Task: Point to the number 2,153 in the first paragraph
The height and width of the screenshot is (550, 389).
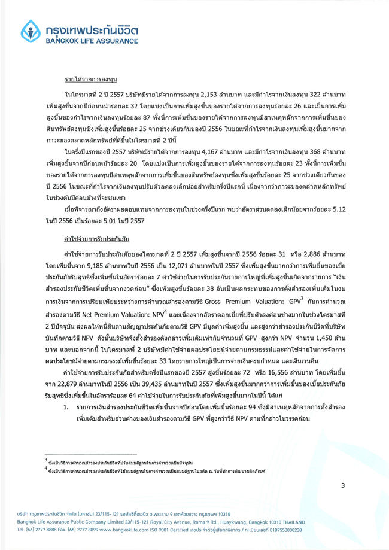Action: (244, 95)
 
